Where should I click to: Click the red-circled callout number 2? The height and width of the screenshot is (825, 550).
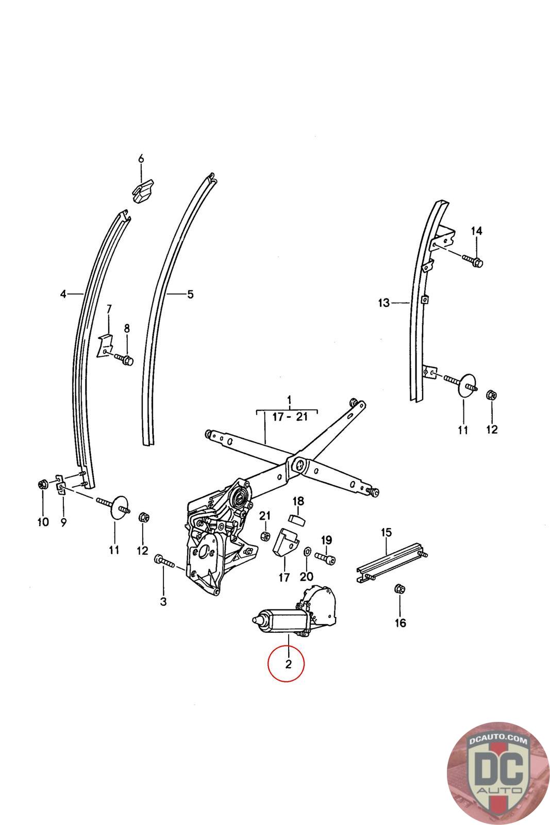288,664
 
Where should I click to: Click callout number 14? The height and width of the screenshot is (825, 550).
477,231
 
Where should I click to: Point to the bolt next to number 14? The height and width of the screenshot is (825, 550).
472,260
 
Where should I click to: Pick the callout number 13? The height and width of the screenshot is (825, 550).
384,303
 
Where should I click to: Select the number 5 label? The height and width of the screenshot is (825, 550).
190,294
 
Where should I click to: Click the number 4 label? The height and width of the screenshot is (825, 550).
63,294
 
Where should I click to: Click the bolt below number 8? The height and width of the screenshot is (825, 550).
124,358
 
